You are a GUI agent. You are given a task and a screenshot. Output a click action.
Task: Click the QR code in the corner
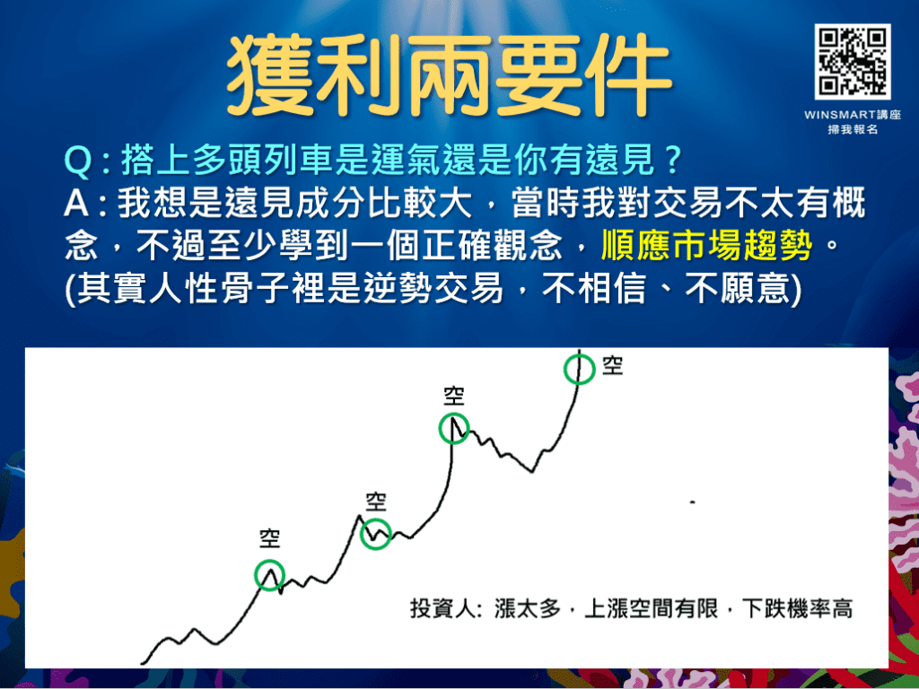pos(853,62)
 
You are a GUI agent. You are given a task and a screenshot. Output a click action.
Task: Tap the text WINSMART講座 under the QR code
pos(852,116)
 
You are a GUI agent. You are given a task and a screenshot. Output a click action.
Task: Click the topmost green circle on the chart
pos(580,369)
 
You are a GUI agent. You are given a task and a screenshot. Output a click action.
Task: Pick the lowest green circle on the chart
pos(269,574)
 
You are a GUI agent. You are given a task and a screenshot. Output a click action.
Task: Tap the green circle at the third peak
pos(455,429)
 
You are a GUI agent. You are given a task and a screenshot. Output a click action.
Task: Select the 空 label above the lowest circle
pos(270,538)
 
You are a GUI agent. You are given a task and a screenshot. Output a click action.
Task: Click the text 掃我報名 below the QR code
pos(852,130)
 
